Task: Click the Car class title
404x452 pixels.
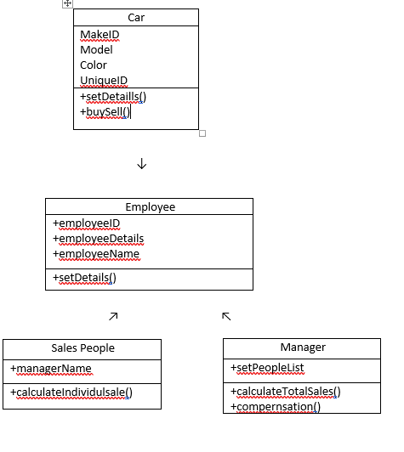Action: coord(136,18)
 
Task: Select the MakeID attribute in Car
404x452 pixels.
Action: coord(100,35)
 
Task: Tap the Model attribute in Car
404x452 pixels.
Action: coord(96,50)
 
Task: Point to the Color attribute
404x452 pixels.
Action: coord(94,65)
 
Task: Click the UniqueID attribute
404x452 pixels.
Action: coord(104,81)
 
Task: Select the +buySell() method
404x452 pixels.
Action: coord(105,112)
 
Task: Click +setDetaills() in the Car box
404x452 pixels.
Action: coord(113,97)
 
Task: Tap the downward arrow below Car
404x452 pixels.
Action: coord(141,164)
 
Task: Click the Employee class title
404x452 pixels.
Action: coord(150,207)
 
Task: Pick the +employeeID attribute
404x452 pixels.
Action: coord(86,223)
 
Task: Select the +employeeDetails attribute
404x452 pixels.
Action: coord(98,239)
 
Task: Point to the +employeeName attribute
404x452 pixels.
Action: coord(95,254)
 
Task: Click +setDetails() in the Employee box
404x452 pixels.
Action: coord(84,278)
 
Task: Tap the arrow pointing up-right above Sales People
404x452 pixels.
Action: coord(113,316)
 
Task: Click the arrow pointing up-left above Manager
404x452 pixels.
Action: coord(225,316)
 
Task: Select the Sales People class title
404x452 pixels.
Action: coord(83,348)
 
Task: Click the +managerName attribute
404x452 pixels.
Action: coord(51,369)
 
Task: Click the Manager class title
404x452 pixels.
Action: coord(302,347)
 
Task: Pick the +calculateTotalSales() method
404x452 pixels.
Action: coord(285,392)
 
